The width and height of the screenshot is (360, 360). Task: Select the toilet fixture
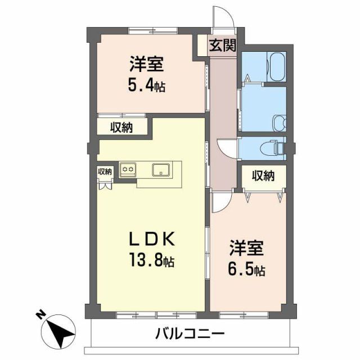(274, 146)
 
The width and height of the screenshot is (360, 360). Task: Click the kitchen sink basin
(161, 168)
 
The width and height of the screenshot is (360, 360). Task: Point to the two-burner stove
(128, 168)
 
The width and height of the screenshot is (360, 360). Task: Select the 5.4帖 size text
(146, 87)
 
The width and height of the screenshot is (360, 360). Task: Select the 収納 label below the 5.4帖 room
(121, 128)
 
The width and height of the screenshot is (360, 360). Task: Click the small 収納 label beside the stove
(105, 172)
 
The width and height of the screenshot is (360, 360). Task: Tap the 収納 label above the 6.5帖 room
(263, 176)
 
